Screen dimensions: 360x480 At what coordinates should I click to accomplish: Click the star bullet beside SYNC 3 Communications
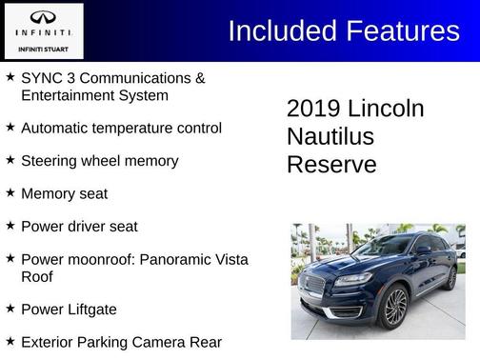tap(10, 77)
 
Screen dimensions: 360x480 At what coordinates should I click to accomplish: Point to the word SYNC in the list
tap(41, 78)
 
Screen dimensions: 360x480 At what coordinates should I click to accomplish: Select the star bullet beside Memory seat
tap(10, 193)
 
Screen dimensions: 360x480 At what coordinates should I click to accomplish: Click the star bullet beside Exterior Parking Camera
tap(10, 341)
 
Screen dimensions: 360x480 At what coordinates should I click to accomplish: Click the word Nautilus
tap(330, 136)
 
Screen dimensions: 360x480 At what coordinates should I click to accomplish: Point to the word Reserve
tap(331, 165)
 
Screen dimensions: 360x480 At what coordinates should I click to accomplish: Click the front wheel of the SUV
tap(394, 307)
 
